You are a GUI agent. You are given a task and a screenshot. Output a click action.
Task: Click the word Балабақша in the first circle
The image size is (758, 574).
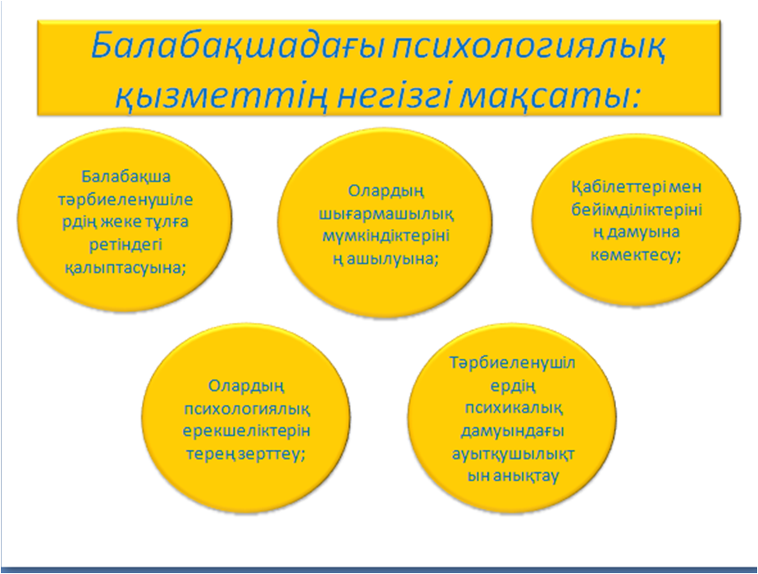(126, 177)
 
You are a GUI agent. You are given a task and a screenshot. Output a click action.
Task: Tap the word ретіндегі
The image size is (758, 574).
(126, 245)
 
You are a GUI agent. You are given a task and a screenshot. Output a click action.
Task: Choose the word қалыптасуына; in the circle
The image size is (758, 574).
(126, 268)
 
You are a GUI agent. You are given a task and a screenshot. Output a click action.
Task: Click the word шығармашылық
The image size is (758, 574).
(386, 214)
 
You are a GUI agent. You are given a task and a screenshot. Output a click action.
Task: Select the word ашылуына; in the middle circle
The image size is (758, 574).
(391, 259)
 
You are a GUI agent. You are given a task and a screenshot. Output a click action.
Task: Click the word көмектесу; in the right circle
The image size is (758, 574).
(637, 255)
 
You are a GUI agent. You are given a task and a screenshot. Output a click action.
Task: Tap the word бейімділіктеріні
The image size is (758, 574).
(637, 209)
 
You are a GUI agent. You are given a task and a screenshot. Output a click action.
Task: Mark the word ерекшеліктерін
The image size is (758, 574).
(247, 431)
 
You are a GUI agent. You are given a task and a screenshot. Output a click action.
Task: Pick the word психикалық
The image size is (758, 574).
(514, 407)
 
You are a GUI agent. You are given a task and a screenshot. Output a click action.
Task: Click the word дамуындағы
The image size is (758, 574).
(513, 430)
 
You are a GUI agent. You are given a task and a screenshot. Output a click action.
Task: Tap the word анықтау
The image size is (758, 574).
(527, 475)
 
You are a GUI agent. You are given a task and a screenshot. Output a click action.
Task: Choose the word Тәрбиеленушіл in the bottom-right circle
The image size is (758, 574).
(513, 362)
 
